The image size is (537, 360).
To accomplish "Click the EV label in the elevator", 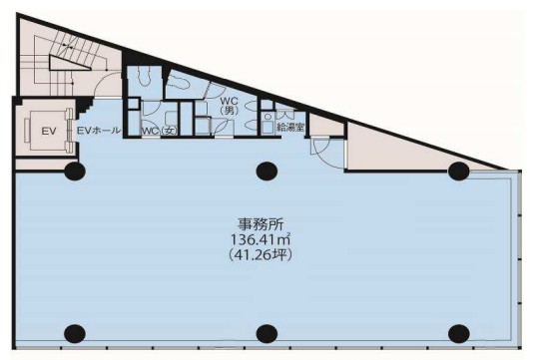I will pyautogui.click(x=46, y=131).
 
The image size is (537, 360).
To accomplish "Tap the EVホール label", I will pyautogui.click(x=98, y=131).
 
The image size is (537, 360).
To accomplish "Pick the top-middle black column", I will pyautogui.click(x=266, y=170).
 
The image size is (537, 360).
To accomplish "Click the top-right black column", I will pyautogui.click(x=458, y=171).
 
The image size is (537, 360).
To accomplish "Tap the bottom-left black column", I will pyautogui.click(x=74, y=333).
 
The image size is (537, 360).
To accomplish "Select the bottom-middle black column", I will pyautogui.click(x=266, y=333).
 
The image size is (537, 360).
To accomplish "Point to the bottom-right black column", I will pyautogui.click(x=458, y=333).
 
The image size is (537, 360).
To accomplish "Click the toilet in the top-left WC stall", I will pyautogui.click(x=145, y=76).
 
